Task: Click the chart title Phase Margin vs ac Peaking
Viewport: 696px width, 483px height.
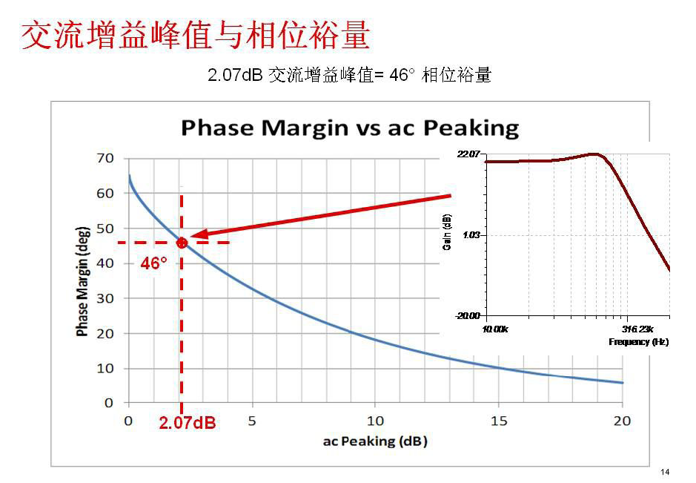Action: coord(350,128)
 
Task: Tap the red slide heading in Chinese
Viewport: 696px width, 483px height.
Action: coord(195,35)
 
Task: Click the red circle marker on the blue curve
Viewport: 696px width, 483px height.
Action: coord(182,243)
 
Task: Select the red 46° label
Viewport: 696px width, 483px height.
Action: coord(154,263)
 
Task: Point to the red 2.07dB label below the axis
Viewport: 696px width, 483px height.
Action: coord(187,424)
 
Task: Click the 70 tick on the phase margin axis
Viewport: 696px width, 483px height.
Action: coord(105,158)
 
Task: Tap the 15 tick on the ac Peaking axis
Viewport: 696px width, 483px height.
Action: coord(499,421)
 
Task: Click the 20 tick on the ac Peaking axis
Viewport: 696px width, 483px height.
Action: coord(623,421)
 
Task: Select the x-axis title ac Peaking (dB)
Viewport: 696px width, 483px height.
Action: coord(375,441)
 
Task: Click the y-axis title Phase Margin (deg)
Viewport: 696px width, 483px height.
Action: coord(82,281)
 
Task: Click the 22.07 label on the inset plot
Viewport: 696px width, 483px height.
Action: coord(469,154)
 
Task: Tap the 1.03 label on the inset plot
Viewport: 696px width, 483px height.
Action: coord(471,234)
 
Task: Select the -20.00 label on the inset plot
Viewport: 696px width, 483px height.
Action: coord(468,315)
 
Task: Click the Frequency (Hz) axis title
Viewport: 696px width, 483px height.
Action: coord(638,342)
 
